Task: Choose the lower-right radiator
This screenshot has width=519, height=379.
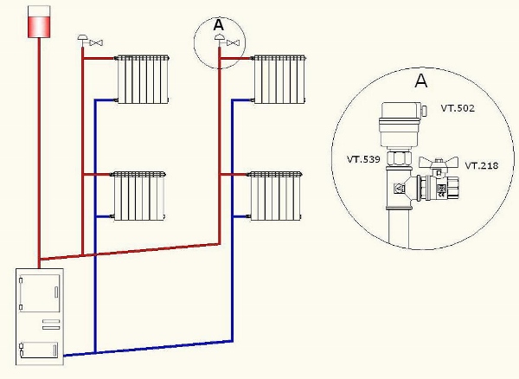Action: (274, 195)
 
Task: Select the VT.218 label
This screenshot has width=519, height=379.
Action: (481, 164)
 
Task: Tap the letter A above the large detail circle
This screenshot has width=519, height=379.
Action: (421, 81)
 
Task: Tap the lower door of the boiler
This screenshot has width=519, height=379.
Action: (39, 350)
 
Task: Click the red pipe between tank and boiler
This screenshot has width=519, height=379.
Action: (39, 147)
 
